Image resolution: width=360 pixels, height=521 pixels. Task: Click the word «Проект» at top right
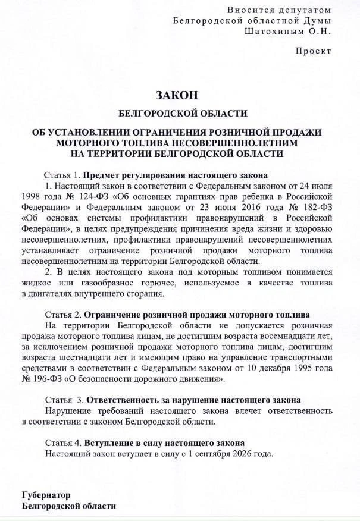click(314, 51)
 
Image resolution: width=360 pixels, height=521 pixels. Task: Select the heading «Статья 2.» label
click(62, 314)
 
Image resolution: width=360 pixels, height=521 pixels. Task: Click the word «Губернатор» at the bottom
click(46, 495)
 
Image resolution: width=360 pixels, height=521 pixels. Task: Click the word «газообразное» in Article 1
click(108, 282)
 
